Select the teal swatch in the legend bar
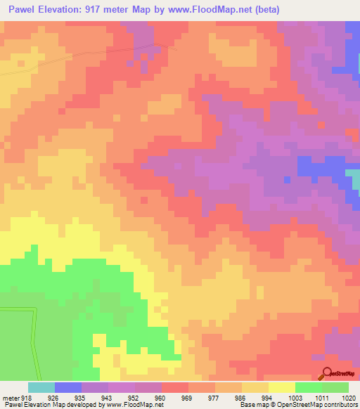41,387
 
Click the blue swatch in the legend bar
68,387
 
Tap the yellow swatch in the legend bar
282,387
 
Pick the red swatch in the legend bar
175,387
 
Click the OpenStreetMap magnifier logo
326,373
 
